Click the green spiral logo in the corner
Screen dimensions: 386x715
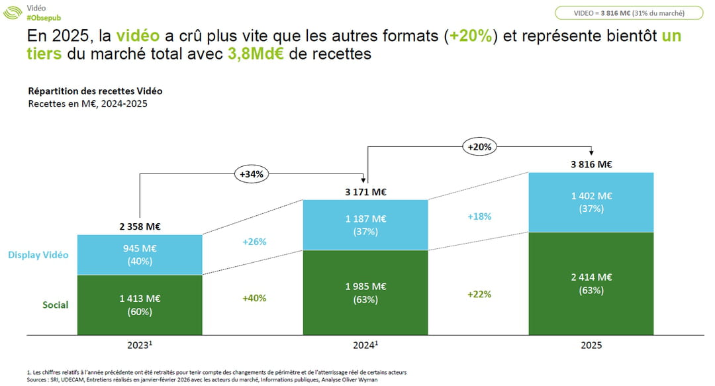[x=13, y=13]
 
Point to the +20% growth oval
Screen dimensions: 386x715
[x=479, y=147]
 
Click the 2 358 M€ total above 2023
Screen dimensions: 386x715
[x=140, y=226]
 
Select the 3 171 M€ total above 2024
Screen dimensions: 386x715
[x=365, y=193]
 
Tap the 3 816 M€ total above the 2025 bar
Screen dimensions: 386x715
[x=591, y=165]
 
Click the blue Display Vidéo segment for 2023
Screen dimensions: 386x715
[x=140, y=255]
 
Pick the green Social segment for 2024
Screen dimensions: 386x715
[x=365, y=292]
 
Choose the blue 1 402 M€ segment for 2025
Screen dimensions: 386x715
[x=591, y=202]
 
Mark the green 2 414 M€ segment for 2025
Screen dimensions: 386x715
[x=591, y=283]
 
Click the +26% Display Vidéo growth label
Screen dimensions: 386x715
[x=254, y=242]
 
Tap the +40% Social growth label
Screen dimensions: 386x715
[x=254, y=298]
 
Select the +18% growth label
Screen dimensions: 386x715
[x=479, y=217]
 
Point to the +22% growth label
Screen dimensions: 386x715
[x=479, y=294]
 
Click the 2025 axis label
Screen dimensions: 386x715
[x=591, y=346]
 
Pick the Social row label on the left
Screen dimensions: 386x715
[x=56, y=305]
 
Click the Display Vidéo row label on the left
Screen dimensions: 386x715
[x=38, y=255]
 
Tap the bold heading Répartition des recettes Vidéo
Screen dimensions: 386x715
[x=95, y=91]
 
